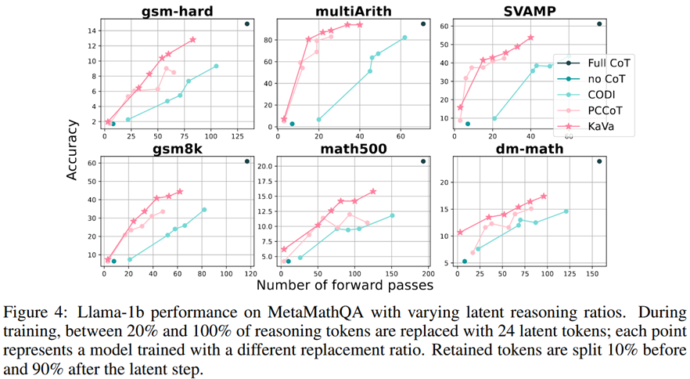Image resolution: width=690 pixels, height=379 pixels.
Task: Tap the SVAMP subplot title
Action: click(x=527, y=11)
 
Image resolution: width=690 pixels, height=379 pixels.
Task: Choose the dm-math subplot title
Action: click(x=527, y=147)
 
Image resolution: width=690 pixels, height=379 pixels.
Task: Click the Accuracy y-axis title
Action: click(x=73, y=148)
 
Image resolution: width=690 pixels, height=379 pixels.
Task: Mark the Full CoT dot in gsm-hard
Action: click(x=246, y=24)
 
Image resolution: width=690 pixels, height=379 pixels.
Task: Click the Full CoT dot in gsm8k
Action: click(x=246, y=161)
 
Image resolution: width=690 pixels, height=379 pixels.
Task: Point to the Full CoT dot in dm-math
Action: click(x=599, y=161)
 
